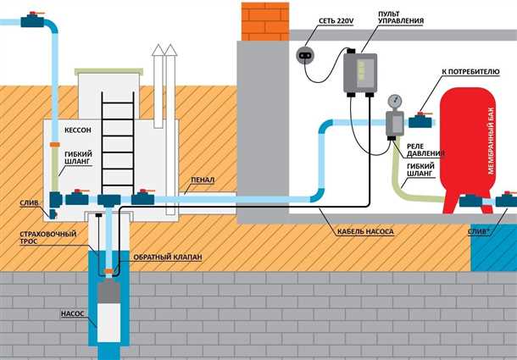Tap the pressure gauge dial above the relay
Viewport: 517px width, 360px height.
(392, 101)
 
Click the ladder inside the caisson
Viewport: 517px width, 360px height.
(114, 140)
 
